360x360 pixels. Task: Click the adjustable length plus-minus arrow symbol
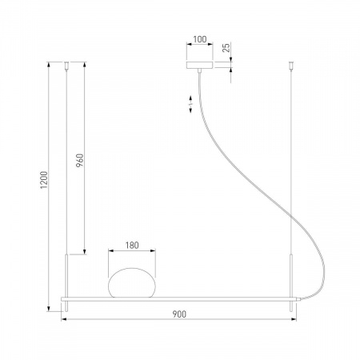click(190, 104)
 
